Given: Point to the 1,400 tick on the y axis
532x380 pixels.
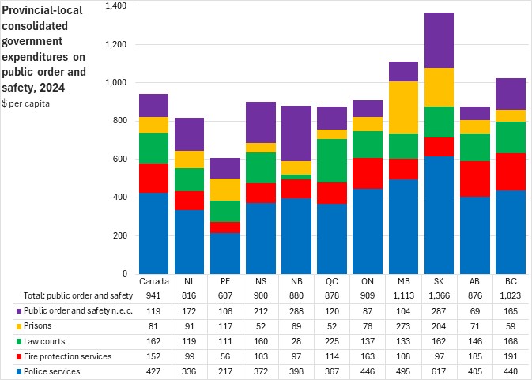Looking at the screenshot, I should [115, 6].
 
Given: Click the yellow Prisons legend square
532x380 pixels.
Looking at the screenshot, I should [17, 325].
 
